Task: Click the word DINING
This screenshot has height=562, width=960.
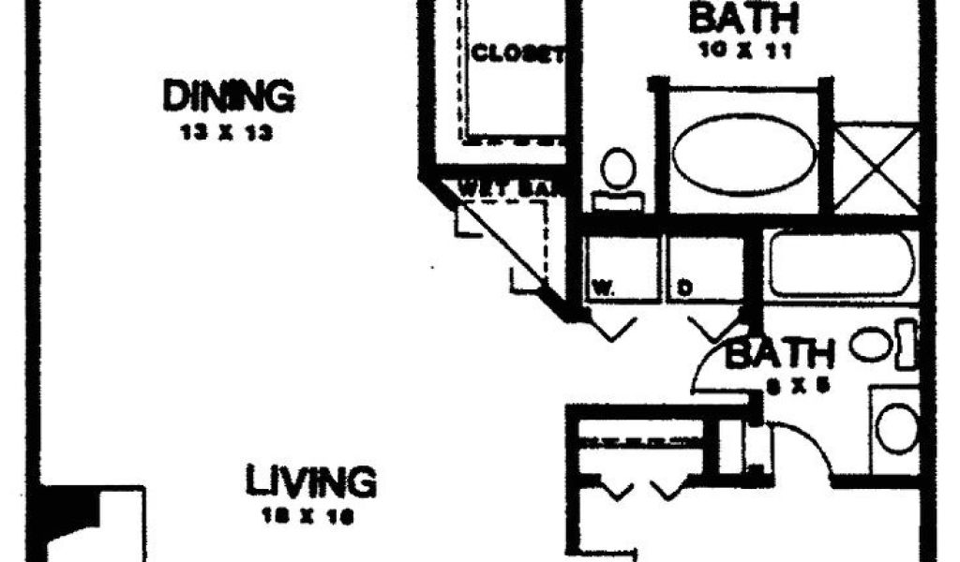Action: click(229, 96)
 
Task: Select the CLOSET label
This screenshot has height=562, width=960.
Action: click(518, 53)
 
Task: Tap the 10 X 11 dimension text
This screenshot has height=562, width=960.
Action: click(745, 51)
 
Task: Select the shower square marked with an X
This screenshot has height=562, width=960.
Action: click(876, 168)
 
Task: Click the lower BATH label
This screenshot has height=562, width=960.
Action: click(781, 355)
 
